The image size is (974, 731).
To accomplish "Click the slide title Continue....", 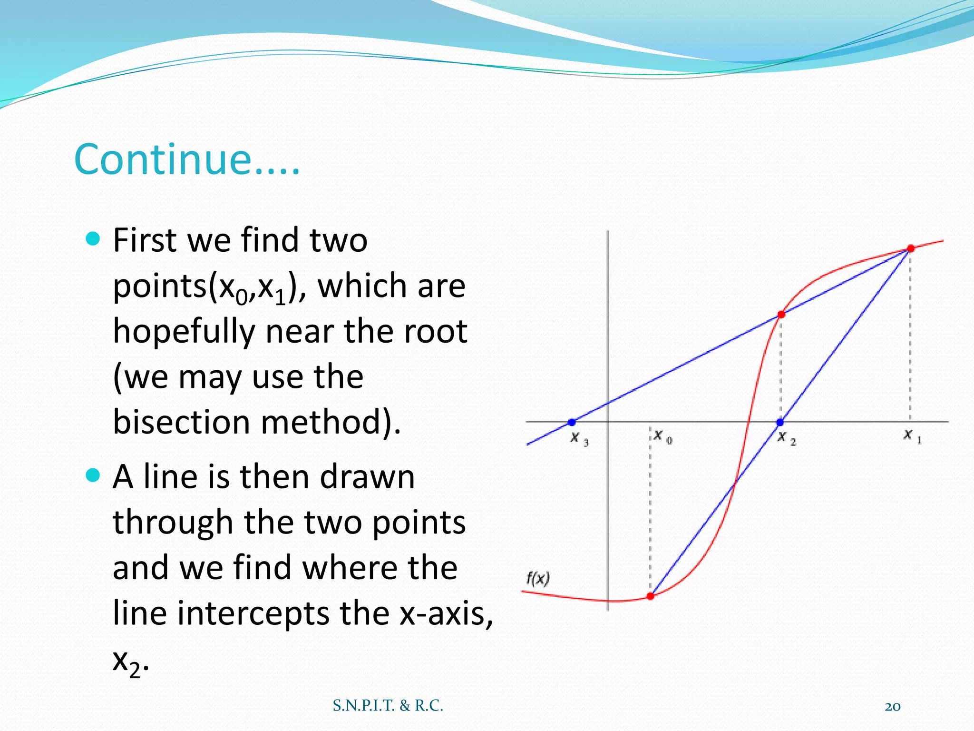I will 187,159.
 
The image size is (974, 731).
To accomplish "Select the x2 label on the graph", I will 786,438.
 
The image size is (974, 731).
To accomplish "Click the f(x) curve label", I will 538,579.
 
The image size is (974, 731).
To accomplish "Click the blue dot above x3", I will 572,422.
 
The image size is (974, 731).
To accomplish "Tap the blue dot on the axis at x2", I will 780,422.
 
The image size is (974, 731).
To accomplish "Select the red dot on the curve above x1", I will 911,248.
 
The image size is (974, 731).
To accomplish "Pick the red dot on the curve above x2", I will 781,315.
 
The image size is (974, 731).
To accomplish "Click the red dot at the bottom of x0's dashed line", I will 651,596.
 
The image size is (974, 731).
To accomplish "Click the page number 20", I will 892,707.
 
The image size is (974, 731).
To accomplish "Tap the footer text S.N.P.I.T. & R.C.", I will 388,706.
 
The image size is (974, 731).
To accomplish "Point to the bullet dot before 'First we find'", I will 93,238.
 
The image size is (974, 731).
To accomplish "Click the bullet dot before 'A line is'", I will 93,475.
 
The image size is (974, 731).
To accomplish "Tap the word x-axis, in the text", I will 446,613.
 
